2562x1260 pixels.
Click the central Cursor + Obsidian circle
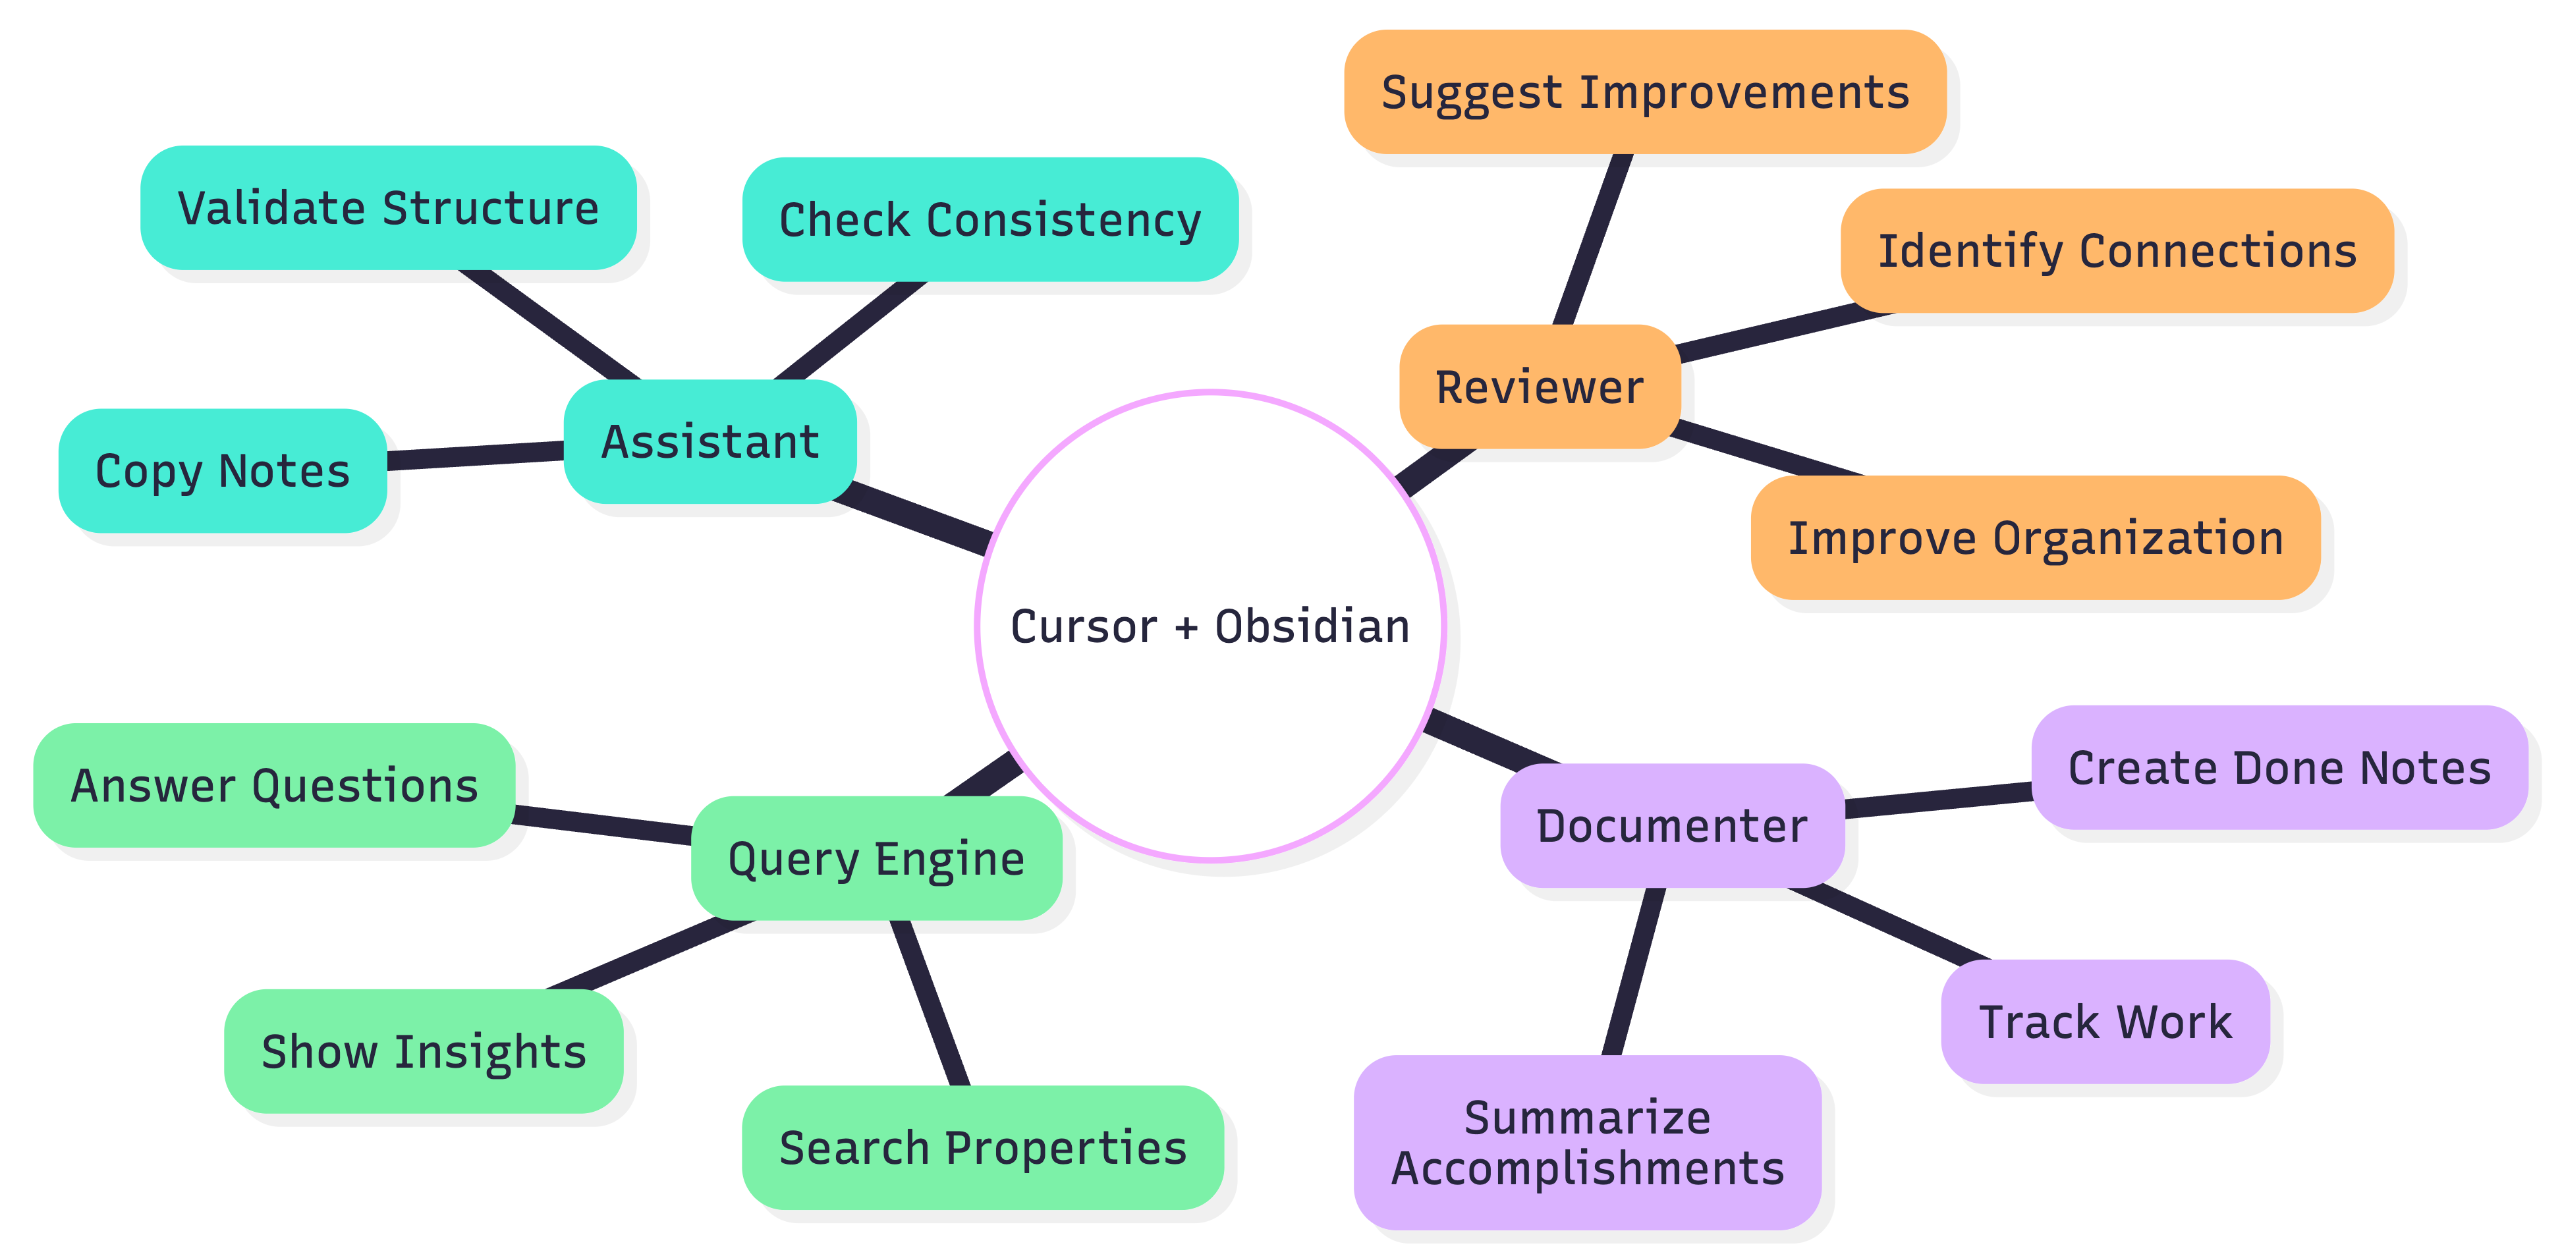click(x=1210, y=626)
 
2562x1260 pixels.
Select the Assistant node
click(x=710, y=441)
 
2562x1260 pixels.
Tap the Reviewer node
click(x=1540, y=387)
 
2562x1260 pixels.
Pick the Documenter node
click(x=1672, y=825)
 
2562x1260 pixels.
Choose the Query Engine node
click(x=876, y=858)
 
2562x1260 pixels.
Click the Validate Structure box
click(x=388, y=208)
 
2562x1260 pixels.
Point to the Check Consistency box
click(x=989, y=220)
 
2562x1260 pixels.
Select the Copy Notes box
click(x=223, y=470)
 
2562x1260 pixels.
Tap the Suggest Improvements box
click(x=1645, y=92)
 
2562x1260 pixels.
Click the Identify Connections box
click(x=2117, y=250)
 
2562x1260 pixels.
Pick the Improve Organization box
click(x=2035, y=538)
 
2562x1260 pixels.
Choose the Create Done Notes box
click(x=2279, y=768)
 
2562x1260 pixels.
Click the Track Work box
click(x=2105, y=1022)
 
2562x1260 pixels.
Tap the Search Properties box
click(x=983, y=1147)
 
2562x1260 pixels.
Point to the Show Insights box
click(x=424, y=1051)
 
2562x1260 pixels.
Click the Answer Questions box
click(x=275, y=786)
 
